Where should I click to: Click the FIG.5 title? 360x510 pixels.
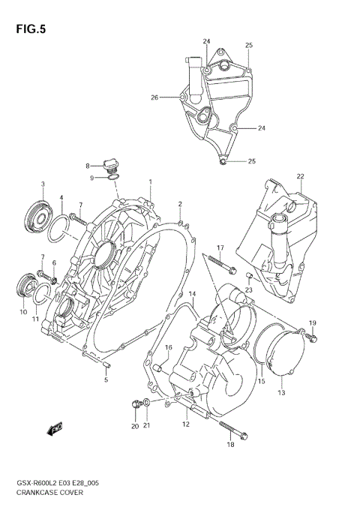tap(29, 30)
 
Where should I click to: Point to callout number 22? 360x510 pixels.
tap(300, 177)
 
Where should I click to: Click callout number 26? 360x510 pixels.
tap(154, 97)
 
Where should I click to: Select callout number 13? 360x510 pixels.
tap(282, 392)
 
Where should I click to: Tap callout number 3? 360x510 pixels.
tap(43, 184)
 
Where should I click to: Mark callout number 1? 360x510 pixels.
tap(150, 181)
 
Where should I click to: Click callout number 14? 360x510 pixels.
tap(192, 293)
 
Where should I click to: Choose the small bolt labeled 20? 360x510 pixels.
tap(135, 405)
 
